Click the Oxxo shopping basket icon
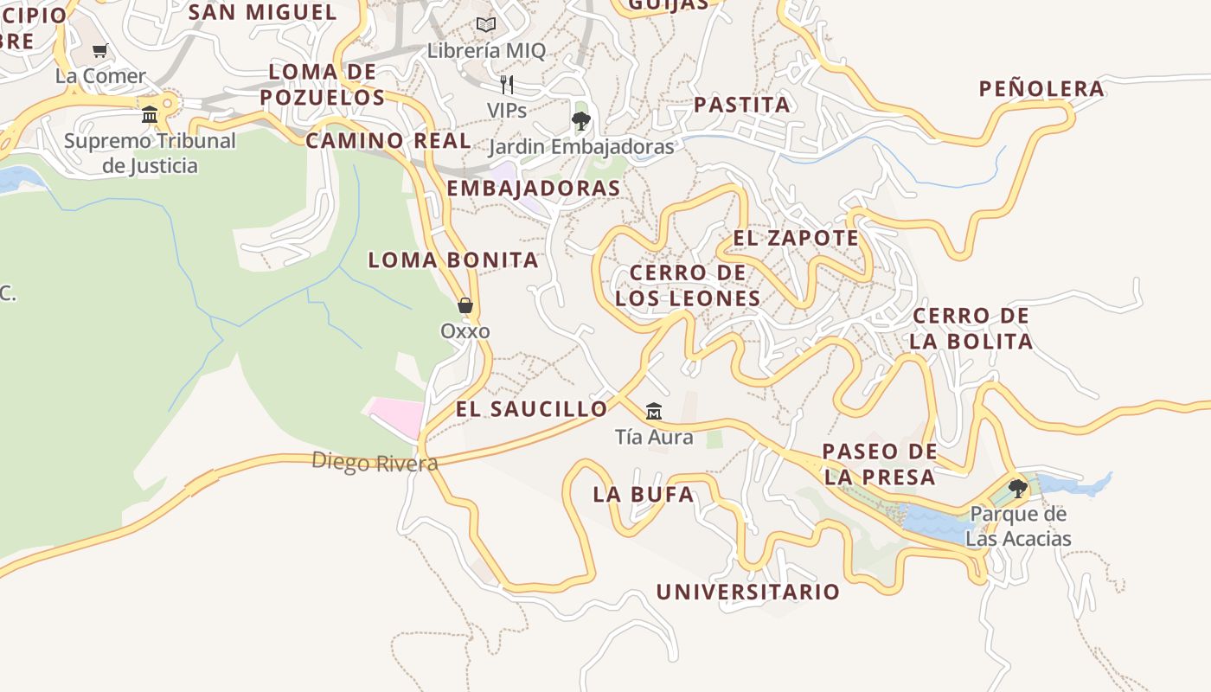pos(465,305)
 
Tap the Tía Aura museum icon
pos(654,411)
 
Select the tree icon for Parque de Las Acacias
pos(1018,489)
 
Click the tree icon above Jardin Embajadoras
pos(581,120)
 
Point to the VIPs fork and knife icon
pos(507,85)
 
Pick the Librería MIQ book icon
pos(486,25)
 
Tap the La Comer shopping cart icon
pos(100,50)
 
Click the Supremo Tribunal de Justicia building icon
pos(150,114)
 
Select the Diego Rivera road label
pos(375,462)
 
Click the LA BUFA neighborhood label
pos(643,495)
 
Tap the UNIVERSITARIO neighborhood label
pos(747,592)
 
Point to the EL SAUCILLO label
pos(532,409)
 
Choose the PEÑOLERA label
pos(1041,88)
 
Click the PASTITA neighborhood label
pos(742,105)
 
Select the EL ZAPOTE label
pos(796,238)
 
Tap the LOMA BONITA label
pos(453,259)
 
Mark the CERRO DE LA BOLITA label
pos(971,328)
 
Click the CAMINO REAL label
pos(388,140)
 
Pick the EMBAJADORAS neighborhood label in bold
pos(534,188)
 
